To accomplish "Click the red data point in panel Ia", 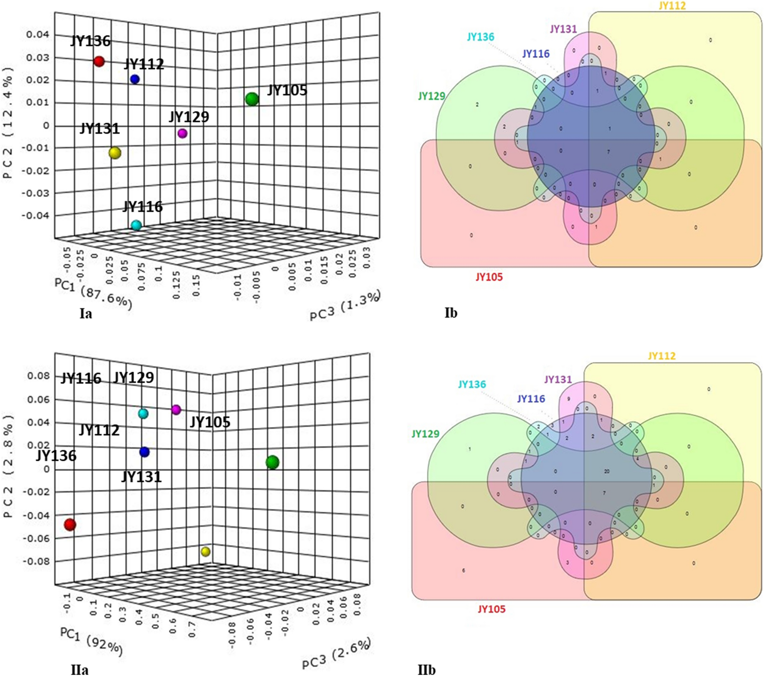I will point(99,61).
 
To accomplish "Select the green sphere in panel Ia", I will point(252,99).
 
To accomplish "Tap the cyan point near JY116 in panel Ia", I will point(136,225).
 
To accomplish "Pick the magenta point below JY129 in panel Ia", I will point(183,133).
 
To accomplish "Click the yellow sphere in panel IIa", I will point(206,552).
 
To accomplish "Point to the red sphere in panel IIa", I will point(70,524).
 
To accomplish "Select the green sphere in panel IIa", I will point(272,462).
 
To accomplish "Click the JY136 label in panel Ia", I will point(90,41).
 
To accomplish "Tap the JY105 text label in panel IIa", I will point(210,422).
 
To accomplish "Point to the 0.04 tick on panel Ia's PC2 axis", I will point(37,35).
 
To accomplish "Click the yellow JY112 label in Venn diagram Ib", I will point(672,6).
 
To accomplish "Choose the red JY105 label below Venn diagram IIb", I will point(491,609).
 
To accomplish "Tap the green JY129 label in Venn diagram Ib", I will point(432,96).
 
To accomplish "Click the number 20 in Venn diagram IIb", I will point(607,471).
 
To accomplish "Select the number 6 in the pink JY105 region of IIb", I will point(463,570).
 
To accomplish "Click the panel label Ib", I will point(451,313).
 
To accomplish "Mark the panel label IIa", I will point(79,670).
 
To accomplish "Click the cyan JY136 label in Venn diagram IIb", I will point(472,384).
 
